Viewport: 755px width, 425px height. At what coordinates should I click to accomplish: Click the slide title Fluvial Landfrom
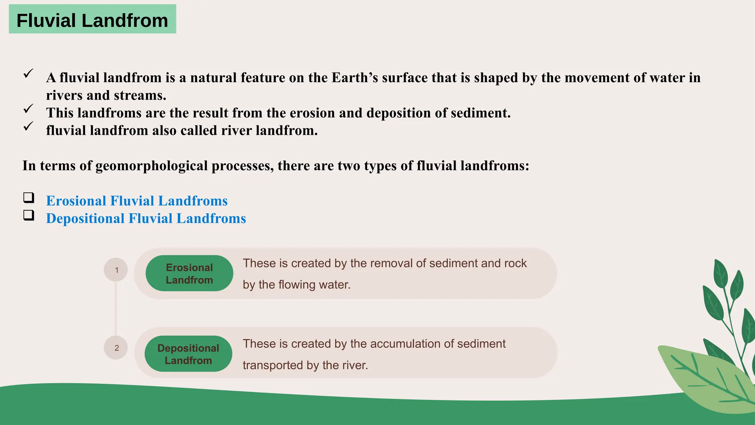pyautogui.click(x=92, y=20)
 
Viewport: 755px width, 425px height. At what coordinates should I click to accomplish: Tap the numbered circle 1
pyautogui.click(x=116, y=270)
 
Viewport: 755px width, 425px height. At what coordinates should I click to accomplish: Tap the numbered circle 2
pyautogui.click(x=116, y=348)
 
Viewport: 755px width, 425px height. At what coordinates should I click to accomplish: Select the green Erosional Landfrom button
pyautogui.click(x=189, y=273)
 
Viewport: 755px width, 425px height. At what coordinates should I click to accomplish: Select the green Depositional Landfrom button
pyautogui.click(x=188, y=354)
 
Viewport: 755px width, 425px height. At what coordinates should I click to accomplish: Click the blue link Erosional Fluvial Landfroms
pyautogui.click(x=137, y=201)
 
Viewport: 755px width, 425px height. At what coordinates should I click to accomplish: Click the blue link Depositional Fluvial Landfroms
pyautogui.click(x=146, y=218)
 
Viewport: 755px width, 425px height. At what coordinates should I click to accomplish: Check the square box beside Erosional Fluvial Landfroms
pyautogui.click(x=29, y=198)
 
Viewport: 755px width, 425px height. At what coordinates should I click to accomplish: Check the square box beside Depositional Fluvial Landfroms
pyautogui.click(x=29, y=215)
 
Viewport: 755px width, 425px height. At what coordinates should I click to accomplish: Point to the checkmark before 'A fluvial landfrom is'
pyautogui.click(x=28, y=73)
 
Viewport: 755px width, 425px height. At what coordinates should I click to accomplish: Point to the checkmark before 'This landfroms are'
pyautogui.click(x=28, y=109)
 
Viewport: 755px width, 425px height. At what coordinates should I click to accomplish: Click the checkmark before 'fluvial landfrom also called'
pyautogui.click(x=28, y=127)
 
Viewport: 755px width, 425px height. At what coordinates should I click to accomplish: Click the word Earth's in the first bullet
pyautogui.click(x=355, y=77)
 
